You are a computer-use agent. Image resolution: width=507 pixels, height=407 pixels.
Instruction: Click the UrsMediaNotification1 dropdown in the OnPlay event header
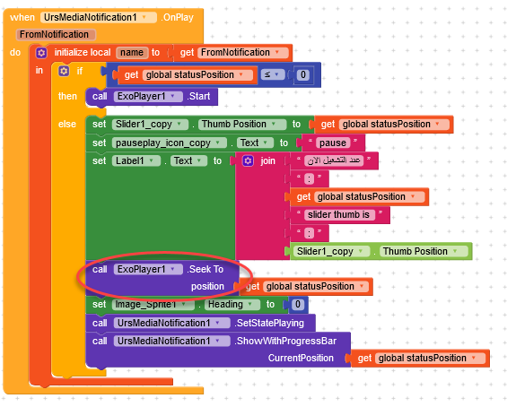(99, 17)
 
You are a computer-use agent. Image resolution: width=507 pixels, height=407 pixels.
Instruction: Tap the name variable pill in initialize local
(132, 52)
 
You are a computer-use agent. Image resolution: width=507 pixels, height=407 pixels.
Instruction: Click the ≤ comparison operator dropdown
(273, 74)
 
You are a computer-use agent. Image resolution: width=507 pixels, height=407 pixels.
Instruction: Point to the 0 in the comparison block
(303, 75)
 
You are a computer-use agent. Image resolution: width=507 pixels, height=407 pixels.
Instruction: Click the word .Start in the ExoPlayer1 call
(199, 96)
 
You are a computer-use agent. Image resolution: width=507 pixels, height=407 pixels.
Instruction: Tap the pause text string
(333, 143)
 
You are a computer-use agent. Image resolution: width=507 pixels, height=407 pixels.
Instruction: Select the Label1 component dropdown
(136, 160)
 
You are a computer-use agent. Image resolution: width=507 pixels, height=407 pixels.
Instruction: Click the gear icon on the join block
(248, 160)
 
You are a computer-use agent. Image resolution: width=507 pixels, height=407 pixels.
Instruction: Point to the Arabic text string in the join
(334, 160)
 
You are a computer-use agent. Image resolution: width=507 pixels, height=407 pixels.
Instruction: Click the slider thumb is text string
(339, 215)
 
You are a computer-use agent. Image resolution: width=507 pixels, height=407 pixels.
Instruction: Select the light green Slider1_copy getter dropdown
(330, 251)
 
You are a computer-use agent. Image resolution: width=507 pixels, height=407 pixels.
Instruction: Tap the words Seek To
(205, 269)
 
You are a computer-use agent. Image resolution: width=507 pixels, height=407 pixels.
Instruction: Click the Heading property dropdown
(232, 304)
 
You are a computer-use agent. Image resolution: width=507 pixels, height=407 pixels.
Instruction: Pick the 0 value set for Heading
(298, 304)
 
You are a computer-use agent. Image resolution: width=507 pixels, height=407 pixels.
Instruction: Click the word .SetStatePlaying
(269, 323)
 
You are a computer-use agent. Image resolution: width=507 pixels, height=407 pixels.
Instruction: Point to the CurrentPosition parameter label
(301, 358)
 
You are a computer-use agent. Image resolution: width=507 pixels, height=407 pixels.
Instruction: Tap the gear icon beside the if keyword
(64, 71)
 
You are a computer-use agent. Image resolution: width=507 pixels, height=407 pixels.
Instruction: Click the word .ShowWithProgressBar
(285, 341)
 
